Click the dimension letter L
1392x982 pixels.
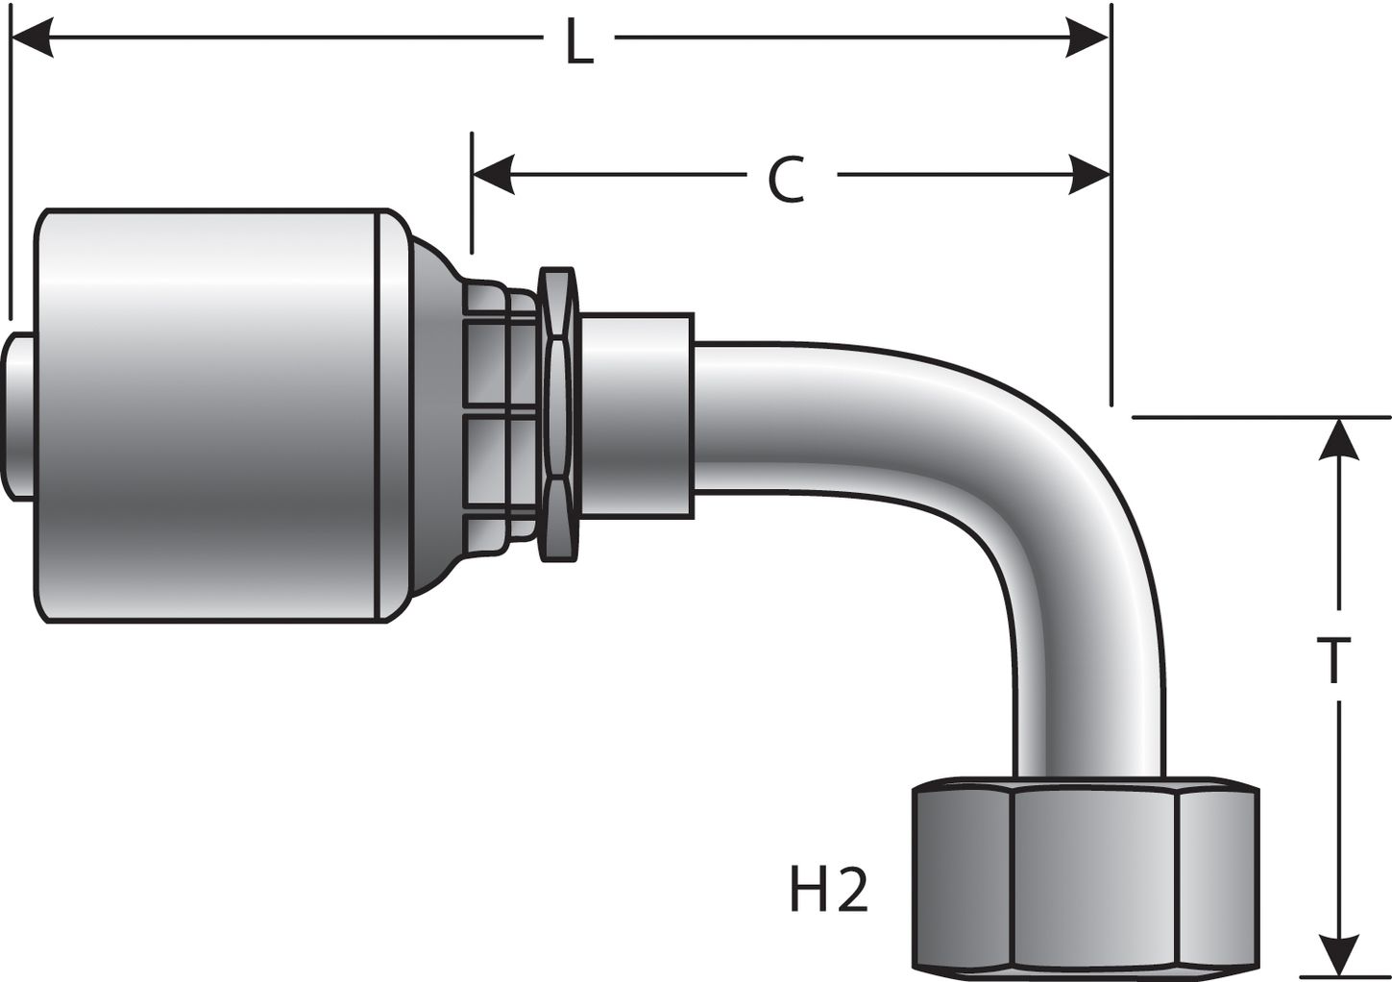click(579, 42)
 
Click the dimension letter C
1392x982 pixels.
click(787, 179)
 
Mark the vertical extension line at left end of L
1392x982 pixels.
click(10, 173)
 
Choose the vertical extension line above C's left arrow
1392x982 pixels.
click(473, 192)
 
